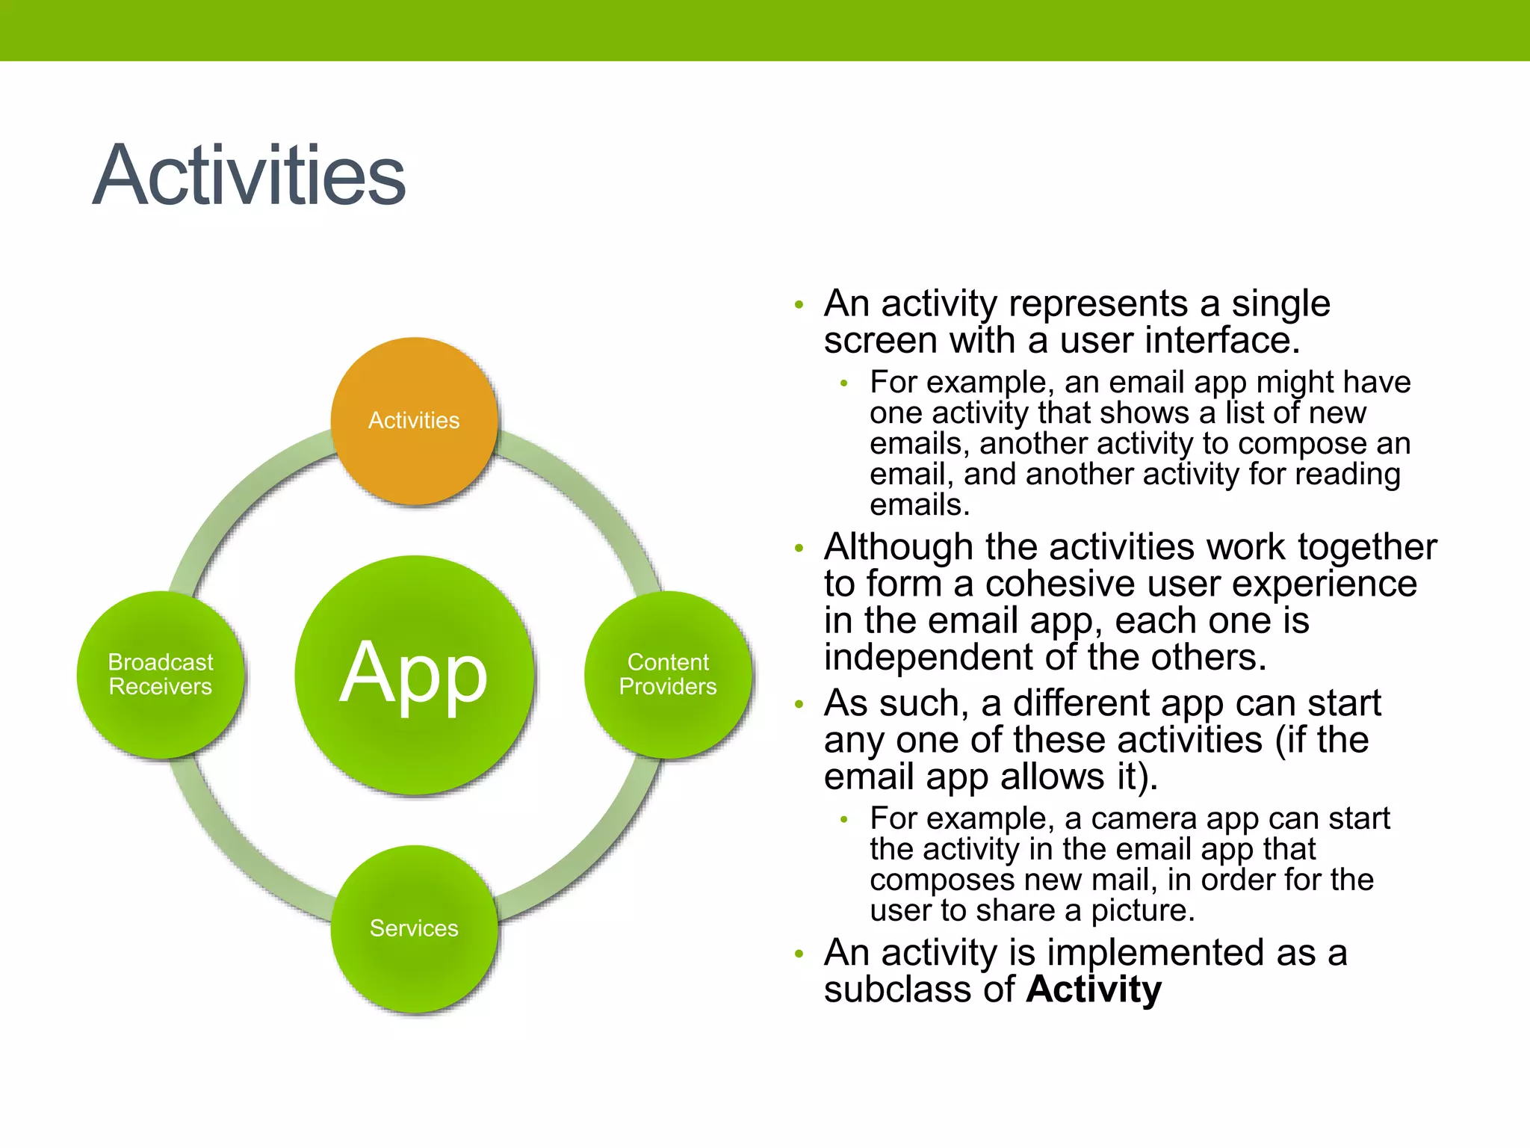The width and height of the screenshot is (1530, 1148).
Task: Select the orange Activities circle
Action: coord(414,420)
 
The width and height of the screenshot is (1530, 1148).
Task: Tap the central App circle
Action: coord(414,674)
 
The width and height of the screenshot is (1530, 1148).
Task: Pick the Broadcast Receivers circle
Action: coord(161,674)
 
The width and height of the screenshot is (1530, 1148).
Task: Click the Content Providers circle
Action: coord(668,674)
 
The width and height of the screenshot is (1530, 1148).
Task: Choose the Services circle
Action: coord(414,928)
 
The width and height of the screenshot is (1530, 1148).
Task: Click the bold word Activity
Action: coord(1094,990)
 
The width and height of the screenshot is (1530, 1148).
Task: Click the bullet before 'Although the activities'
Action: coord(799,549)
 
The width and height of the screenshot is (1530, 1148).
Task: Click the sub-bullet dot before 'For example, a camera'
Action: coord(844,820)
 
